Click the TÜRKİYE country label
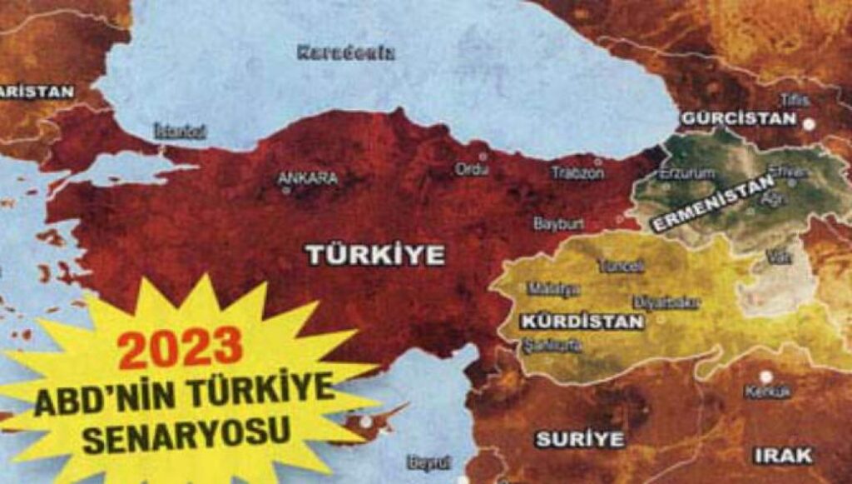pos(374,255)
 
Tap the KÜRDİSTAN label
pos(582,322)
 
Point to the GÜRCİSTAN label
pos(739,118)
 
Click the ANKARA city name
pos(307,178)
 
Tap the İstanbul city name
pos(180,132)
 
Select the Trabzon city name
pos(577,173)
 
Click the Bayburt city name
pos(558,224)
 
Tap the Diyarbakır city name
pos(666,302)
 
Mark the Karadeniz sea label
pos(346,52)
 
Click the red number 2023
pos(180,347)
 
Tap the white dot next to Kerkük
pos(765,376)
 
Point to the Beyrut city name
pos(429,462)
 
